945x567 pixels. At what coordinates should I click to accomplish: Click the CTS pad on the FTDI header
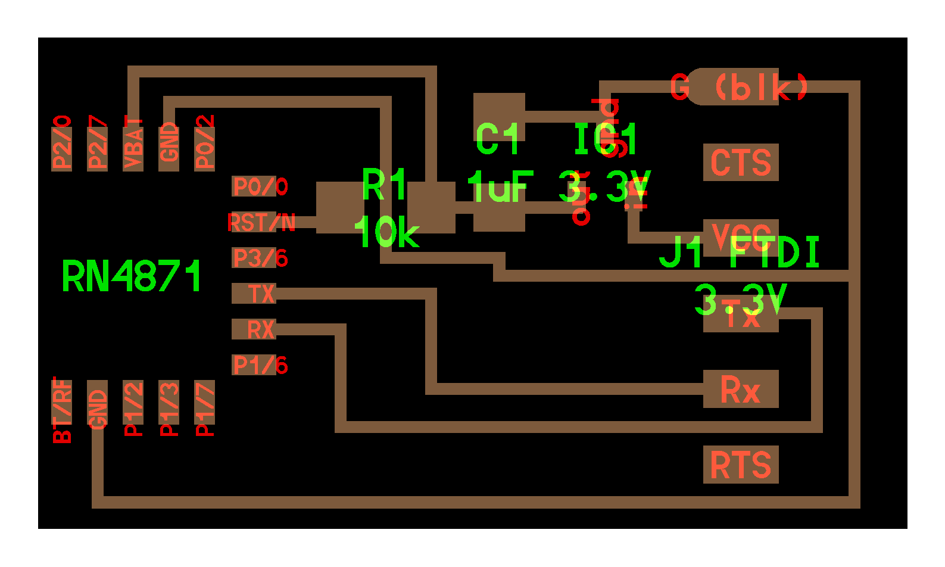tap(740, 162)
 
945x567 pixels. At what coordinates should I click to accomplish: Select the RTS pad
tap(740, 465)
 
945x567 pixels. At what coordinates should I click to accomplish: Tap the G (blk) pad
tap(738, 87)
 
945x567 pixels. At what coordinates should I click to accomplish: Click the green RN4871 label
tap(132, 276)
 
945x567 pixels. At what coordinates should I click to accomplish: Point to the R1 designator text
tap(384, 185)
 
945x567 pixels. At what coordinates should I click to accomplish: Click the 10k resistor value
tap(386, 232)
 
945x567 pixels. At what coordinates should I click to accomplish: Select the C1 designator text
tap(498, 139)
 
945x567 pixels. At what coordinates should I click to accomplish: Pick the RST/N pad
tap(254, 222)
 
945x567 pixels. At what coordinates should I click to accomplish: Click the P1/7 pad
tap(204, 409)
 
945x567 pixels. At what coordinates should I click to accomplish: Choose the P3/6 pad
tap(254, 258)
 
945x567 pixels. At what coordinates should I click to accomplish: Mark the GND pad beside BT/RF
tap(97, 409)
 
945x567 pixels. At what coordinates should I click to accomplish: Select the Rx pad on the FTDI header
tap(740, 389)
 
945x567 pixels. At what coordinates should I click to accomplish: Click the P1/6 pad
tap(254, 364)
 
